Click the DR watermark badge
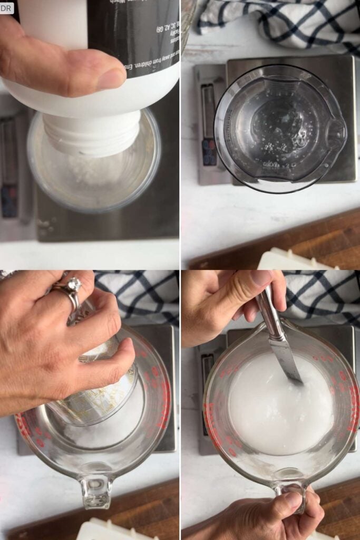point(7,7)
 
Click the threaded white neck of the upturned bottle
point(92,134)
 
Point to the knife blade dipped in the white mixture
point(290,364)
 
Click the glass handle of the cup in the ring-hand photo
point(96,490)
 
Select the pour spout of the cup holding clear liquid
point(335,129)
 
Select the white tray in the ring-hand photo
point(116,530)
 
